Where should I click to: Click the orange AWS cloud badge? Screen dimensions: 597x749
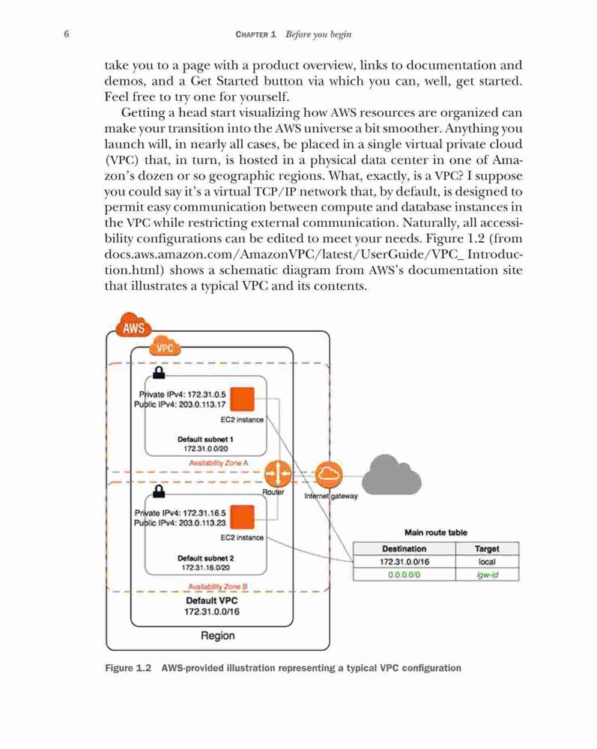(133, 326)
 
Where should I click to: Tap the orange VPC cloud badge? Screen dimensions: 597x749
(165, 347)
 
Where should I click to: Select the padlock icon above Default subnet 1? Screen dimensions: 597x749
(159, 372)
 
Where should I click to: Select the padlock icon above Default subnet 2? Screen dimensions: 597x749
(159, 491)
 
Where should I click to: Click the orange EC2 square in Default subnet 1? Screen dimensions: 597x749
(242, 399)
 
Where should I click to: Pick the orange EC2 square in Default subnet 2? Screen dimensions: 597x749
(242, 518)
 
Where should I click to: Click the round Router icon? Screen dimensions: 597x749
(277, 474)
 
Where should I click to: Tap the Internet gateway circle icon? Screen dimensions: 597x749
(329, 474)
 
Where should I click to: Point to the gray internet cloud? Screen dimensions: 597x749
(392, 474)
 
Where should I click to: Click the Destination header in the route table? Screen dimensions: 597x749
(404, 549)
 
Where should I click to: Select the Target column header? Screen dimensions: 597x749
(487, 549)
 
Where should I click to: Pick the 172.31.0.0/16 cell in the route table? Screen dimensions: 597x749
(404, 562)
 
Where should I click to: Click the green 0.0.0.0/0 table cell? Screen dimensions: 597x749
(404, 574)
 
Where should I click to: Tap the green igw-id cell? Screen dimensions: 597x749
(487, 574)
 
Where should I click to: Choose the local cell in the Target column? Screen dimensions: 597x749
(487, 562)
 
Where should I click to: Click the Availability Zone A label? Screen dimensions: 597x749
(218, 463)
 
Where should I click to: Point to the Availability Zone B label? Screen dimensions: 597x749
(218, 586)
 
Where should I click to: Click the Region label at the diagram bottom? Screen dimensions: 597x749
(218, 636)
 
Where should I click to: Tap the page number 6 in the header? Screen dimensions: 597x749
(67, 34)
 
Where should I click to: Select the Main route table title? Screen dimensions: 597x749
(435, 533)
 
